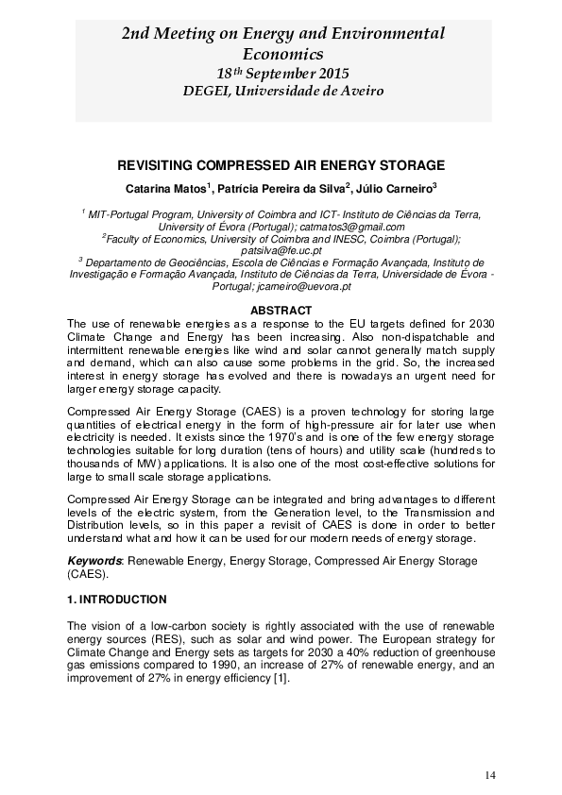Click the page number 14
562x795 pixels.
[489, 775]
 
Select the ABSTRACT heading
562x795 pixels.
[281, 311]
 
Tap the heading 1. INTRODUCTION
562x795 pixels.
[117, 600]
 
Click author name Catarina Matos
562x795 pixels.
[165, 187]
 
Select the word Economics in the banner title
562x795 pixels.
[282, 55]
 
